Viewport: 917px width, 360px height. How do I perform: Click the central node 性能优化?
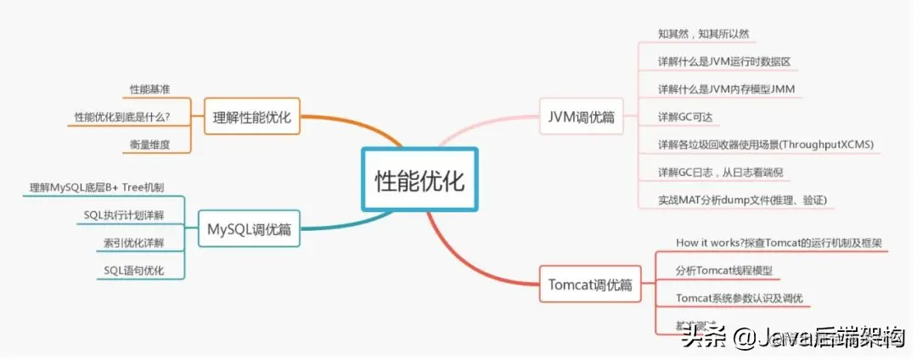point(420,180)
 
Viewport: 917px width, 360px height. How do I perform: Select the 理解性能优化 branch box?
point(253,117)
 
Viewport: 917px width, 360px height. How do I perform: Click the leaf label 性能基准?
point(149,88)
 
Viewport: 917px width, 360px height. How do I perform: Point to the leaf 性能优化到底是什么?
point(122,116)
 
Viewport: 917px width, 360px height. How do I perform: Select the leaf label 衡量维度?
point(149,144)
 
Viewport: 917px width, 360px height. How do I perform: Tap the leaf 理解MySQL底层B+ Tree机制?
point(97,187)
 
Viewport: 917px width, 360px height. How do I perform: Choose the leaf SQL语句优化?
point(133,271)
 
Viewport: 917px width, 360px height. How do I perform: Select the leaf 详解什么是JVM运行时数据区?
point(724,62)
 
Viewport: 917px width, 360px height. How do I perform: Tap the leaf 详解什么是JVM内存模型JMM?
point(726,89)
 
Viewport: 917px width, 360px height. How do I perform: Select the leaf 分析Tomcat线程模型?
point(724,271)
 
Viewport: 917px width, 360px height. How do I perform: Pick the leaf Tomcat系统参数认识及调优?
point(739,298)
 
